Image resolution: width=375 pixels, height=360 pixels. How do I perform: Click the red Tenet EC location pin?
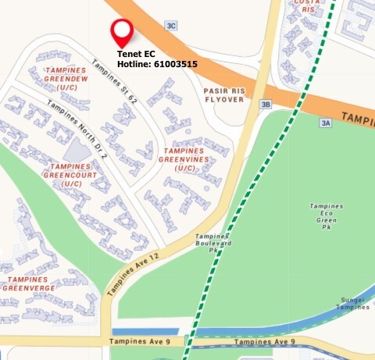(x=121, y=32)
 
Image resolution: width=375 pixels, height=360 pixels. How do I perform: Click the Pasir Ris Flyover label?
(x=225, y=94)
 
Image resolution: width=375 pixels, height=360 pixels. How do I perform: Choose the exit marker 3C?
(x=171, y=25)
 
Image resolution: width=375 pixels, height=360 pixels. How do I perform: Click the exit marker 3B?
(x=266, y=105)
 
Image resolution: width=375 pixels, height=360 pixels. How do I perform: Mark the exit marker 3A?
(x=326, y=123)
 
